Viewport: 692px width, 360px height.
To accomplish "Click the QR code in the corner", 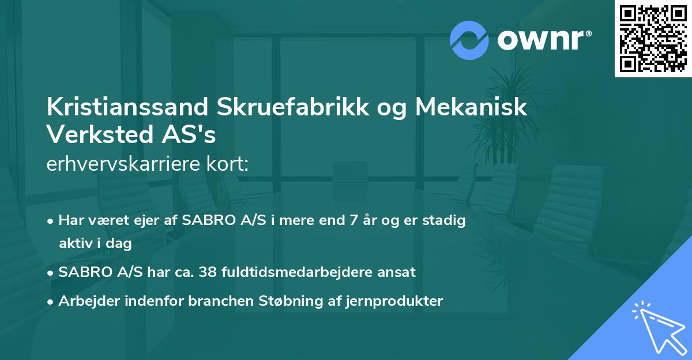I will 652,39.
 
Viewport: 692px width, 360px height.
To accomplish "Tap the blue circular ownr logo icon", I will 469,40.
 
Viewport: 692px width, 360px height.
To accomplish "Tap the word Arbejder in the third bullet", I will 85,301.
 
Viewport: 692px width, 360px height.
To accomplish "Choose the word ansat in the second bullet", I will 398,272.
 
